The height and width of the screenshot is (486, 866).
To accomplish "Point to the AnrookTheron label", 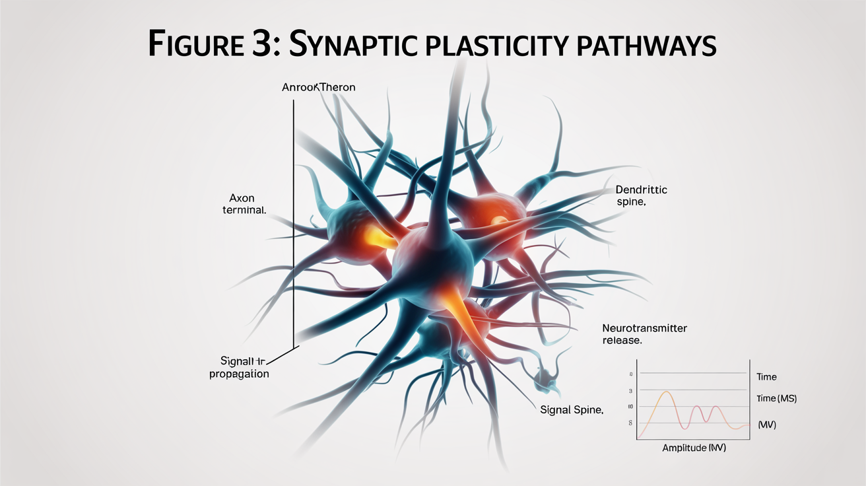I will tap(318, 87).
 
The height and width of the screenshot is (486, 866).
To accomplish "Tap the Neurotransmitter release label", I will tap(644, 334).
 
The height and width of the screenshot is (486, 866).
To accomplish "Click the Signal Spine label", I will tap(572, 410).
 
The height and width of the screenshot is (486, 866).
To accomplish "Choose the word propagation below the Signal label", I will tap(239, 374).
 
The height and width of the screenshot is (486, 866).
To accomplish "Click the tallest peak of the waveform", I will tap(667, 392).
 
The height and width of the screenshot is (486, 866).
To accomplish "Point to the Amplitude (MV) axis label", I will tap(694, 448).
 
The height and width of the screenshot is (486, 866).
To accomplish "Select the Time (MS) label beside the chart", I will tap(778, 399).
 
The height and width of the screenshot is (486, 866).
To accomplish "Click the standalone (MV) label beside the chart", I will tap(767, 425).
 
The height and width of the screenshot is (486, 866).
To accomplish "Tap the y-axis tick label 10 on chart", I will tap(630, 406).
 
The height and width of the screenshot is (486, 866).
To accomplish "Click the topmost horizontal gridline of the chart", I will tap(693, 374).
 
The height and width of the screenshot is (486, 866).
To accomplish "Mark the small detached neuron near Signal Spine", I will tap(547, 377).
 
